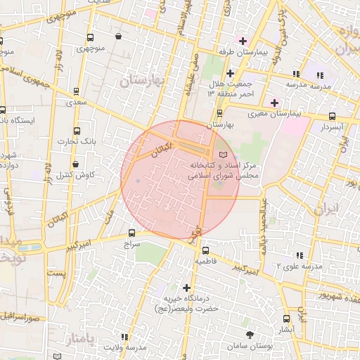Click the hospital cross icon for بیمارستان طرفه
point(243,40)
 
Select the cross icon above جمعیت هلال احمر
point(231,73)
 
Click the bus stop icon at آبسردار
point(332,117)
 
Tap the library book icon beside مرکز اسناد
point(224,154)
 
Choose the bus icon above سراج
point(132,233)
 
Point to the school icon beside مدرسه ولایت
point(124,337)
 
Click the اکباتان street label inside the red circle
point(161,147)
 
